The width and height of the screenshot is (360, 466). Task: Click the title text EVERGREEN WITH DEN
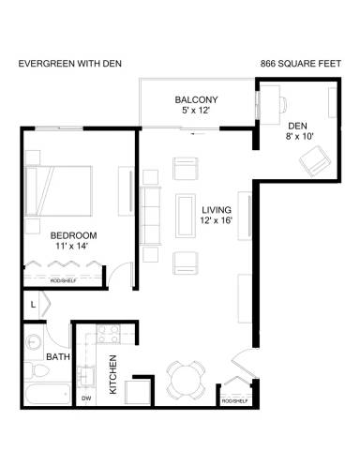70,64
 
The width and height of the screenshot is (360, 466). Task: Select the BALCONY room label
196,100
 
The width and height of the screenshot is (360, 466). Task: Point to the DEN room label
297,125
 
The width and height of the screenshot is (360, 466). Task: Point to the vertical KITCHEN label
112,375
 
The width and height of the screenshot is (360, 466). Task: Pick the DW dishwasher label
86,398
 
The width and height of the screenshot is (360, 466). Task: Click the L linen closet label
33,305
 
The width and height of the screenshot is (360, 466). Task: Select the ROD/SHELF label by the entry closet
233,400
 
